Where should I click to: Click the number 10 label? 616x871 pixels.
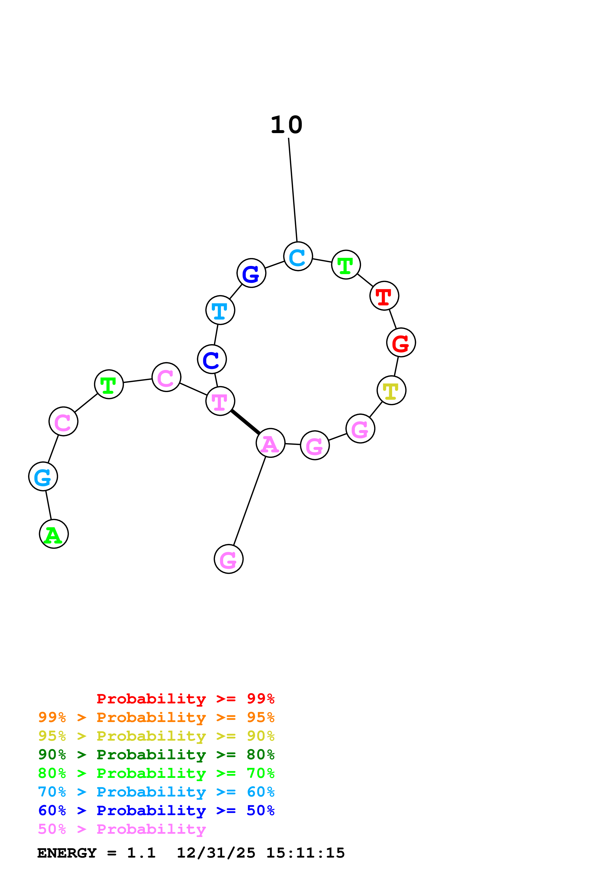pyautogui.click(x=286, y=125)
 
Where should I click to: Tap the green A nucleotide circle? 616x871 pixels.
pyautogui.click(x=54, y=534)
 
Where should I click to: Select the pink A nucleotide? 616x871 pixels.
pyautogui.click(x=270, y=443)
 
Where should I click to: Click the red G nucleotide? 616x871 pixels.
pyautogui.click(x=401, y=343)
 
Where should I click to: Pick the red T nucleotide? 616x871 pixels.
pyautogui.click(x=384, y=296)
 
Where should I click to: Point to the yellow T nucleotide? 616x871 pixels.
pyautogui.click(x=391, y=390)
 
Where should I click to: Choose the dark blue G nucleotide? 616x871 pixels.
pyautogui.click(x=251, y=273)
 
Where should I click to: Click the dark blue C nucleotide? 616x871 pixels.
pyautogui.click(x=212, y=359)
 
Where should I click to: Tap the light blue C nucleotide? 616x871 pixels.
pyautogui.click(x=298, y=256)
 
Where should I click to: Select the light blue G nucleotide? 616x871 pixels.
pyautogui.click(x=43, y=476)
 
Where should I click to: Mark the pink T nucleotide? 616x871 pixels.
pyautogui.click(x=220, y=401)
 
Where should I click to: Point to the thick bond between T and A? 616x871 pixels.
pyautogui.click(x=245, y=422)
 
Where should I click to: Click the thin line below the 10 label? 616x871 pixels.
pyautogui.click(x=293, y=190)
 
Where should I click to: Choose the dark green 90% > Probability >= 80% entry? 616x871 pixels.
pyautogui.click(x=156, y=755)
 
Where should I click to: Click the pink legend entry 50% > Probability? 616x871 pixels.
pyautogui.click(x=122, y=829)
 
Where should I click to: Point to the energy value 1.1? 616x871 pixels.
pyautogui.click(x=141, y=853)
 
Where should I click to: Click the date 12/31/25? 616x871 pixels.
pyautogui.click(x=216, y=853)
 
